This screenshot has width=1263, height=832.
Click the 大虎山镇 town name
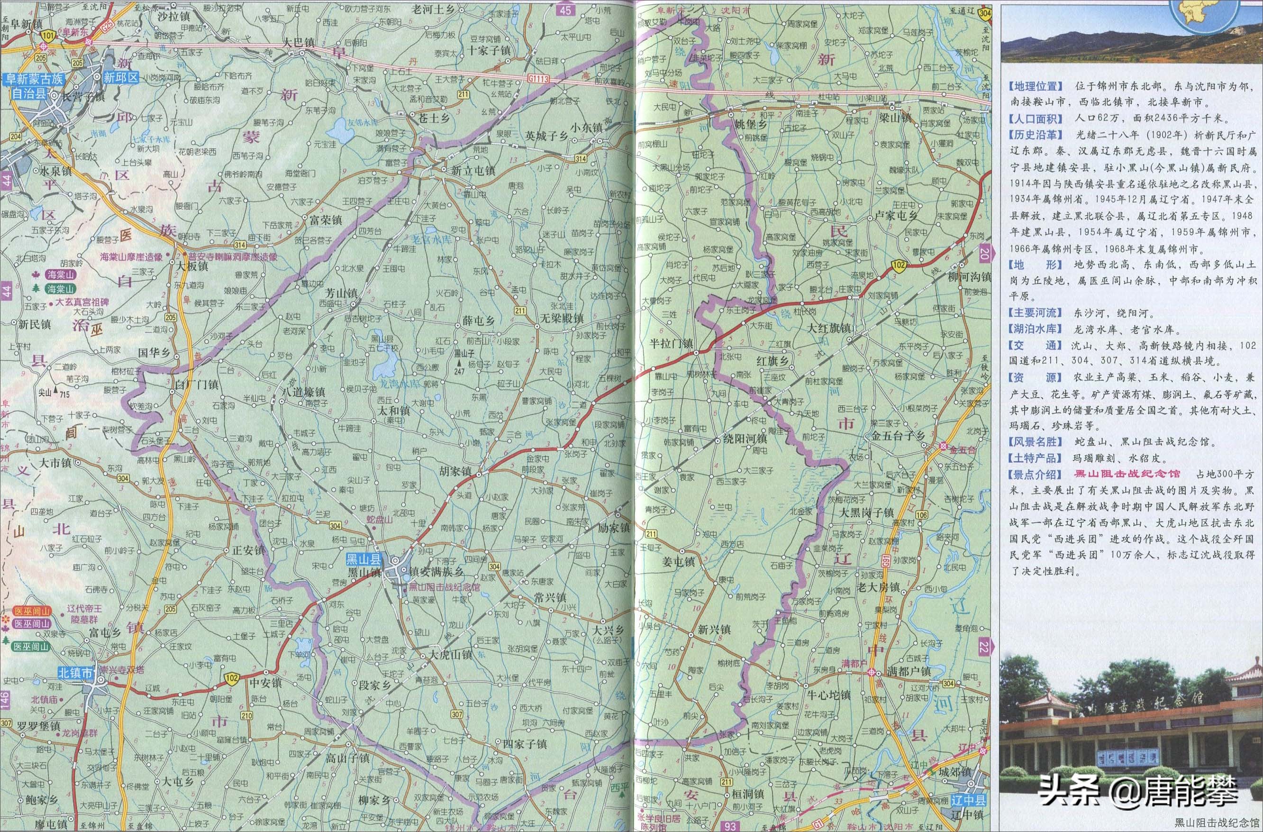(451, 655)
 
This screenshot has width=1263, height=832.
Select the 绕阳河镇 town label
(745, 439)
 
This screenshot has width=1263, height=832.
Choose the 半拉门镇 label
(671, 343)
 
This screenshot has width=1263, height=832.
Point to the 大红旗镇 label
(829, 328)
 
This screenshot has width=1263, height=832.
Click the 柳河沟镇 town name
(969, 277)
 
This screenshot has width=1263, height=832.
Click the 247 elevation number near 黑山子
(459, 371)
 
